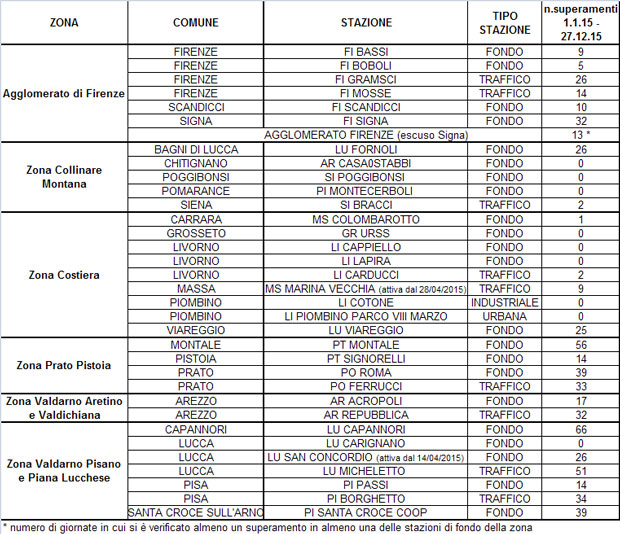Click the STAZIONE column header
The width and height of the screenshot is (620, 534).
[x=366, y=22]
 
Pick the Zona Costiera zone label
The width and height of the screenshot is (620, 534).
[x=64, y=273]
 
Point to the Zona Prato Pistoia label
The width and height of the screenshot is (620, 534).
[x=64, y=365]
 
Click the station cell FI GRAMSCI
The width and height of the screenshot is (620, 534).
[x=366, y=79]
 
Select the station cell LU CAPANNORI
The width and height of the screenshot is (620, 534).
[x=366, y=429]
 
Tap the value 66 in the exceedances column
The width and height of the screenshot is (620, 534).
[x=580, y=429]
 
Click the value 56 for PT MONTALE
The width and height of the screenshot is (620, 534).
[x=580, y=344]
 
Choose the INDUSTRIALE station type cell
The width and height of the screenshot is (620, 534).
[x=504, y=302]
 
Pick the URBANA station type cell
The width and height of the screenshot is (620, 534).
[x=504, y=316]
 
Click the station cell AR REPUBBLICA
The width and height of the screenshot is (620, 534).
[x=366, y=414]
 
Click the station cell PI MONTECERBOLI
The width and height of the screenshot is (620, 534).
[x=366, y=190]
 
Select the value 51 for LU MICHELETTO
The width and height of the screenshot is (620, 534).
[x=580, y=471]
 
